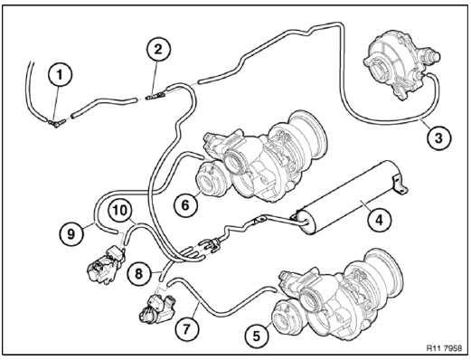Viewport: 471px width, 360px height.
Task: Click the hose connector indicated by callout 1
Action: tap(55, 118)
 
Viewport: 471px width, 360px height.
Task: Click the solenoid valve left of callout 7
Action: tap(149, 309)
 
